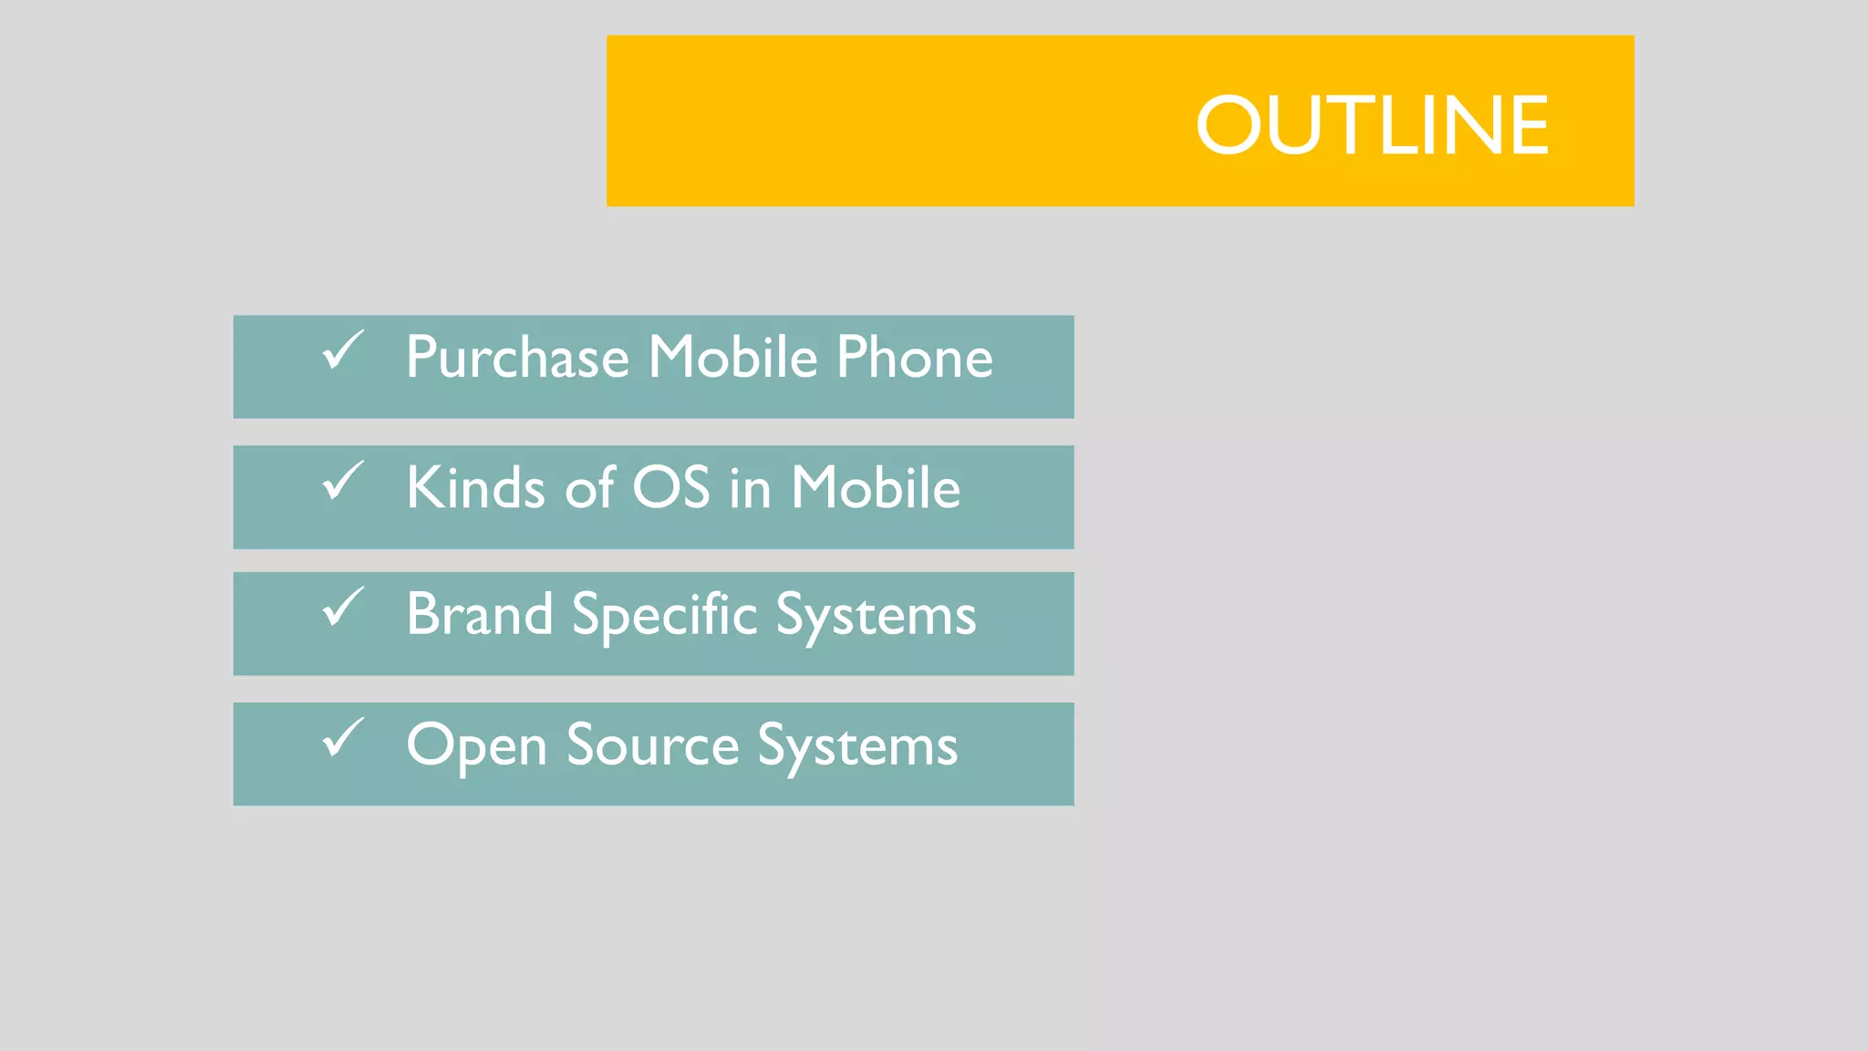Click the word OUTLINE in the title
1372,125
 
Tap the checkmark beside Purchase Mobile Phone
343,350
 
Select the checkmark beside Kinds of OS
343,481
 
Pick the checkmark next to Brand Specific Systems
343,608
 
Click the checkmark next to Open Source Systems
343,738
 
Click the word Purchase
517,357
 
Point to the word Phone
914,357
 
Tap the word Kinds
475,487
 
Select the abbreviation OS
670,487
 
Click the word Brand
479,614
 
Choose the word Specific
664,616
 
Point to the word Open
475,746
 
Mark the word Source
652,745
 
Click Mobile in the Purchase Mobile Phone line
732,357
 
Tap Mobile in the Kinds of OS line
875,487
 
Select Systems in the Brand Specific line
876,616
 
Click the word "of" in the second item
589,487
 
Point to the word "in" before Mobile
750,488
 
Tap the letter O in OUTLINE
1228,125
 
